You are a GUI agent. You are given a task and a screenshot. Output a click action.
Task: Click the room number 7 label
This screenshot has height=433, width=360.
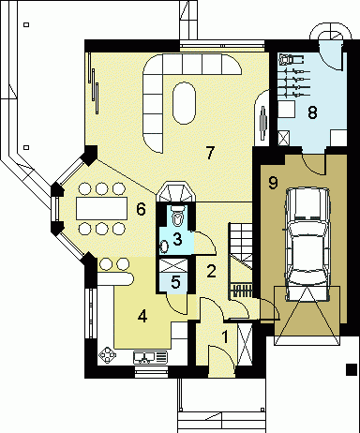210,153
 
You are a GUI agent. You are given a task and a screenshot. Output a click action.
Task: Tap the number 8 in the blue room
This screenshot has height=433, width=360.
312,112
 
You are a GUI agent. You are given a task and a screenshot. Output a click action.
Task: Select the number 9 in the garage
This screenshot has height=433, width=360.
273,182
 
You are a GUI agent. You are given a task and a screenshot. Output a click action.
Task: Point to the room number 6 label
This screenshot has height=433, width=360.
141,209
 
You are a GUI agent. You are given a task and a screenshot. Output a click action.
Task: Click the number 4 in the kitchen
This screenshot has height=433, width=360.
142,317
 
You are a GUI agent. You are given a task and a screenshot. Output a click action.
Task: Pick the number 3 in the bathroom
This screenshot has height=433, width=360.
177,239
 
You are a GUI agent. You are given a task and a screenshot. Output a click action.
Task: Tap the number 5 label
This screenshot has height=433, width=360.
176,282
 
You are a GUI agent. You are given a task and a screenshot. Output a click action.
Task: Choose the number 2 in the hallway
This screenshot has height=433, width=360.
211,271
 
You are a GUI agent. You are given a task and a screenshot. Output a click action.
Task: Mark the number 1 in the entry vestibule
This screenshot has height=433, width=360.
225,336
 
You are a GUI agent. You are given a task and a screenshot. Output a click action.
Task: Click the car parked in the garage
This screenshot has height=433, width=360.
307,245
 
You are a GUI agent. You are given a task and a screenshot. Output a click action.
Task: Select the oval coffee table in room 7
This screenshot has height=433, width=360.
184,103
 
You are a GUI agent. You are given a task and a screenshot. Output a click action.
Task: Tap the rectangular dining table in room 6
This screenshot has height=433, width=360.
102,208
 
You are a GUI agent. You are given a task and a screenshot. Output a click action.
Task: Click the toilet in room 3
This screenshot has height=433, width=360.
178,216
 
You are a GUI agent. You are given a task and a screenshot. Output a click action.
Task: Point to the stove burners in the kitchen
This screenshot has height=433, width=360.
107,355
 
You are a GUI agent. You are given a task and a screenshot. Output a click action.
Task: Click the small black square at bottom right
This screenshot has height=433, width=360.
352,369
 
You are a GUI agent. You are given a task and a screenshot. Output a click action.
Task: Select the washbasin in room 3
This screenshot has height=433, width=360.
164,246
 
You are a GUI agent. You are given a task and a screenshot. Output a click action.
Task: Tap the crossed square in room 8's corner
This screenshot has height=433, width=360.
284,138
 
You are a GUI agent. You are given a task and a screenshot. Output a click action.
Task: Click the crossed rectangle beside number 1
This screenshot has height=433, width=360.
245,345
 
